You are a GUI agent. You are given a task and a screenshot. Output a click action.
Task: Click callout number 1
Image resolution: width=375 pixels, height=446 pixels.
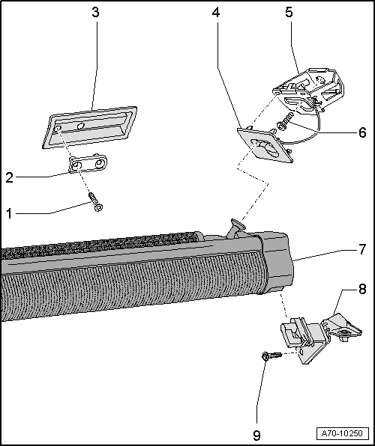[x=9, y=213]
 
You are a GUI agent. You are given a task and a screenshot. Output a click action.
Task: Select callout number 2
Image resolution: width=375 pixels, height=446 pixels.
[x=9, y=177]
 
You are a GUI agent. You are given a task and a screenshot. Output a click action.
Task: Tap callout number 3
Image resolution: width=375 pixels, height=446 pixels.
[x=94, y=13]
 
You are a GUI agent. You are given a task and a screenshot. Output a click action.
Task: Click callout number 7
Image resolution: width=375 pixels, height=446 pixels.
[x=362, y=267]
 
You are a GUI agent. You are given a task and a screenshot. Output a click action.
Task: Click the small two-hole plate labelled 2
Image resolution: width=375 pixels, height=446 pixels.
[x=88, y=164]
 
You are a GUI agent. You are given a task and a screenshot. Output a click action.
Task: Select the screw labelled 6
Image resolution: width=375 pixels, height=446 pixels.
[x=285, y=120]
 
